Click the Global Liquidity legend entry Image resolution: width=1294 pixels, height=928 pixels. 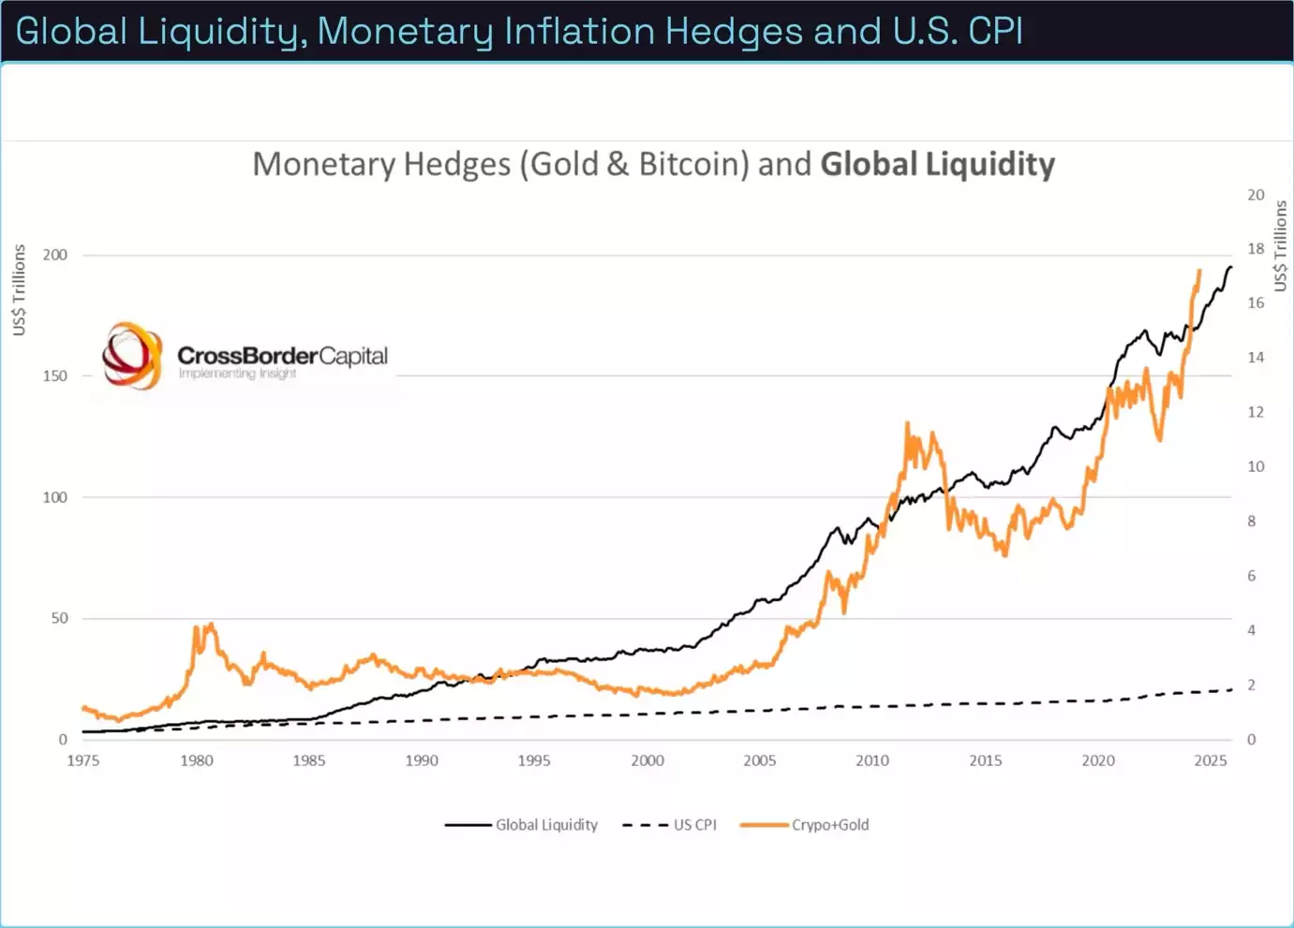coord(521,825)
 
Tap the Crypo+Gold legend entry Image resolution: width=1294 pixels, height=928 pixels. coord(805,825)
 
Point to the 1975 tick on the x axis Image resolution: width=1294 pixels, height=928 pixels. coord(83,760)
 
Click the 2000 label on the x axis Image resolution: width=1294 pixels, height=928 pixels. coord(647,760)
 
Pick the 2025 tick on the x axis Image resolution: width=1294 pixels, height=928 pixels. coord(1211,760)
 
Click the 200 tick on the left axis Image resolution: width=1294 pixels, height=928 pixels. coord(55,255)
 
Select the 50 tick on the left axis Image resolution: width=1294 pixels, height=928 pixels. coord(60,618)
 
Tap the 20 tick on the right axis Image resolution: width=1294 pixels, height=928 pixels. coord(1256,195)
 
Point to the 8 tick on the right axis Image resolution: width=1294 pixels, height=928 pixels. coord(1252,522)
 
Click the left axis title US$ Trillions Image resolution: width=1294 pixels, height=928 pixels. coord(19,289)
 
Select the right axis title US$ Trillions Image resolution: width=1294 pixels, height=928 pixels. coord(1280,245)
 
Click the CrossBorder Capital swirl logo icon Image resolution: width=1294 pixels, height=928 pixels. coord(132,356)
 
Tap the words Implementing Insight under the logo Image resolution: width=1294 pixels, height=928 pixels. coord(237,374)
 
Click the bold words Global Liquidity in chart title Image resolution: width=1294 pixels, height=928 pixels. coord(937,165)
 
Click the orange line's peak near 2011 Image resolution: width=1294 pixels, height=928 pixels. coord(907,423)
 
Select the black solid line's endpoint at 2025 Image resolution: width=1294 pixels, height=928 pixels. coord(1231,267)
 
